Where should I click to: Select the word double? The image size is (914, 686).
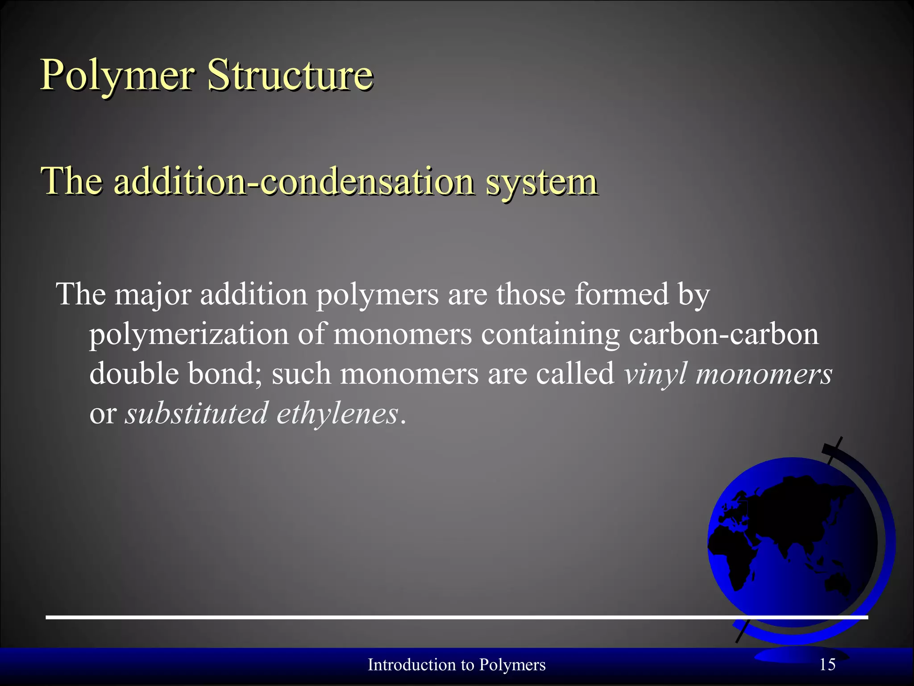tap(134, 373)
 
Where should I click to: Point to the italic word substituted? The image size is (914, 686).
tap(196, 413)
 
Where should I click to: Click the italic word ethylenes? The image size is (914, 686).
tap(337, 413)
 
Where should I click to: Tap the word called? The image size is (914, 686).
tap(575, 373)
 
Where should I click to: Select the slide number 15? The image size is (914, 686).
tap(827, 665)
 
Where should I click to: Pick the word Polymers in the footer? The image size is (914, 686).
tap(512, 665)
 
